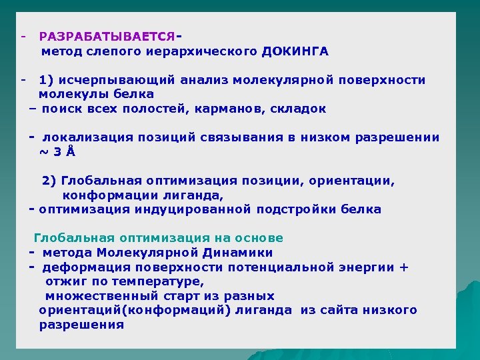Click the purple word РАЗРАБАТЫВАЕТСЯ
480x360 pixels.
coord(107,36)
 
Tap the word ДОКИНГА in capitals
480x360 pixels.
coord(295,51)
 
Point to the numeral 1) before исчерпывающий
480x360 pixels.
coord(47,80)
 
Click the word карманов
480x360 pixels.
coord(234,109)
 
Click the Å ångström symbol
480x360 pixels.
coord(71,152)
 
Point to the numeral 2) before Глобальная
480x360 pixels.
coord(49,181)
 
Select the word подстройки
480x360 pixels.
coord(296,209)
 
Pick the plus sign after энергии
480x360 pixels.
coord(404,267)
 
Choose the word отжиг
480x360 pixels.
coord(63,281)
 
